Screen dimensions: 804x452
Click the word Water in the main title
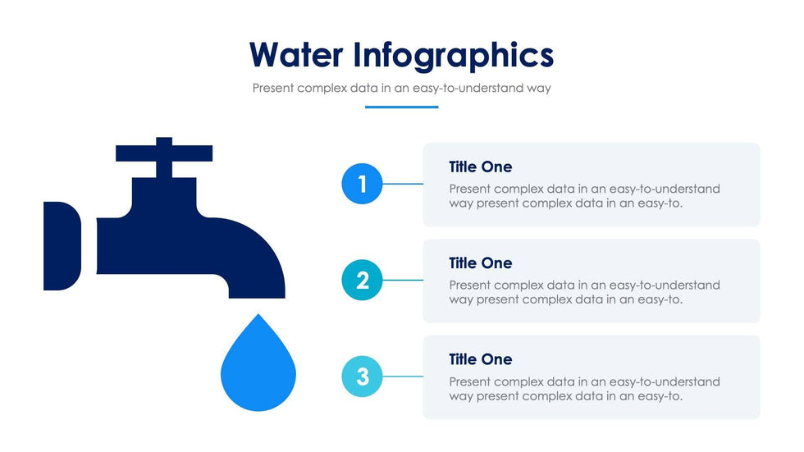tap(296, 54)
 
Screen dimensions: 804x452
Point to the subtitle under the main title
tap(401, 88)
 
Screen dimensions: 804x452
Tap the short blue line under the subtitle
tap(401, 107)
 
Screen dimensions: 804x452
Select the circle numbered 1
tap(362, 184)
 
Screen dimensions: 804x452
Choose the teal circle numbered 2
tap(362, 281)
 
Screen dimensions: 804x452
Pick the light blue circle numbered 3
tap(362, 377)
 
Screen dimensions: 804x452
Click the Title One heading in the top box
tap(481, 167)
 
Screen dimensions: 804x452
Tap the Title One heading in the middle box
tap(481, 263)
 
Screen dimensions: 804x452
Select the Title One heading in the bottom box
tap(481, 360)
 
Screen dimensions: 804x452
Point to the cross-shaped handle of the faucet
tap(164, 153)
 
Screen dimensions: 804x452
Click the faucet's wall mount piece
tap(62, 246)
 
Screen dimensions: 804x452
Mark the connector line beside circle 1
tap(403, 184)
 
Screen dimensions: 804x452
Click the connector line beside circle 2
tap(403, 281)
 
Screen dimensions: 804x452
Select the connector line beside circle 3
tap(403, 377)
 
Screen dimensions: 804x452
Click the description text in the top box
tap(584, 196)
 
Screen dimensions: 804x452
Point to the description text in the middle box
tap(584, 292)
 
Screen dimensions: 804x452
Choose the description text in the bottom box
tap(584, 389)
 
